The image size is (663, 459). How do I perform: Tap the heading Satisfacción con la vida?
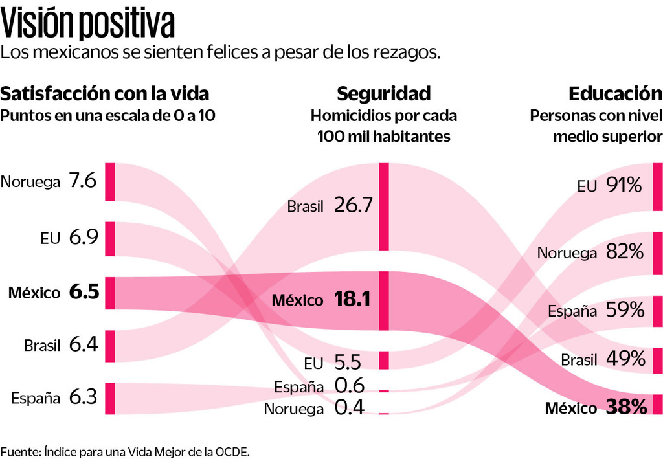pyautogui.click(x=105, y=94)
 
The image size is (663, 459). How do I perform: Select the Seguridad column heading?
pyautogui.click(x=383, y=94)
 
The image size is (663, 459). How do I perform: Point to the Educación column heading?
pyautogui.click(x=615, y=94)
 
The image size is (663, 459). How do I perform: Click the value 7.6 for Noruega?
pyautogui.click(x=83, y=180)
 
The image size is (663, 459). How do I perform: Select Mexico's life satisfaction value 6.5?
pyautogui.click(x=84, y=292)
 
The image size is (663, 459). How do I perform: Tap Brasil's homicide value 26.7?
pyautogui.click(x=354, y=205)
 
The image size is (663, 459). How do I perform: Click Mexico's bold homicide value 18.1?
pyautogui.click(x=353, y=300)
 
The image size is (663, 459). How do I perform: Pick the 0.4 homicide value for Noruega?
pyautogui.click(x=350, y=407)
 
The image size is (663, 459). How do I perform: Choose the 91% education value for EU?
pyautogui.click(x=624, y=186)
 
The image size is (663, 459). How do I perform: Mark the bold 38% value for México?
pyautogui.click(x=626, y=407)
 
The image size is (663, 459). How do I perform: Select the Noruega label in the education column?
pyautogui.click(x=567, y=253)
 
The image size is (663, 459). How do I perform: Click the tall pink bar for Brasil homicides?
pyautogui.click(x=384, y=207)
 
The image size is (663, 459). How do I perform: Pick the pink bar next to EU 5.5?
pyautogui.click(x=384, y=360)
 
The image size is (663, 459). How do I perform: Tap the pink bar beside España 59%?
pyautogui.click(x=658, y=311)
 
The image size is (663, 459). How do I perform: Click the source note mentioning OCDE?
pyautogui.click(x=125, y=451)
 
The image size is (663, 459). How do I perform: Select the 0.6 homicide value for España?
pyautogui.click(x=350, y=385)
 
